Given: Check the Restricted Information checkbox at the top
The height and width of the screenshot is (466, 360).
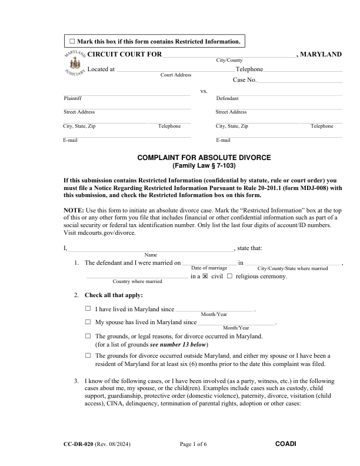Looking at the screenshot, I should (72, 41).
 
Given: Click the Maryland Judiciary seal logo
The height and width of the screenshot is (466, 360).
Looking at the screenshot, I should (74, 65).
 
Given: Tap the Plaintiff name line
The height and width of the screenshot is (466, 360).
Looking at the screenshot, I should (126, 95).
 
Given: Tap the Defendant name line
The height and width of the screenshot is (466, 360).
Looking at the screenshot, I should (279, 95).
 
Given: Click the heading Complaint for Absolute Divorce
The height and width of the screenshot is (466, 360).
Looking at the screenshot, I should (204, 158).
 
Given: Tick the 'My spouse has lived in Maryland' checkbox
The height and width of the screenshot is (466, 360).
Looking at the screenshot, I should (88, 322).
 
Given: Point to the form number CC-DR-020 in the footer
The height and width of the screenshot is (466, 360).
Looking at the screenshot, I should (81, 443).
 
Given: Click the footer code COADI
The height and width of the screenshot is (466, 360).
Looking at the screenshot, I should (285, 443).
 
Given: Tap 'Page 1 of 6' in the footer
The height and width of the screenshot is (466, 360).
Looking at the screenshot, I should (194, 443).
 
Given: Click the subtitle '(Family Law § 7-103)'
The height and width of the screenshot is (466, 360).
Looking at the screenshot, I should (204, 166).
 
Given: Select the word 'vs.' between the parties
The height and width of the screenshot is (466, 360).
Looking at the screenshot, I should (204, 91).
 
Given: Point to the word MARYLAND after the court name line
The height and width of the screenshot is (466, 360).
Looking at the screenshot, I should (322, 54).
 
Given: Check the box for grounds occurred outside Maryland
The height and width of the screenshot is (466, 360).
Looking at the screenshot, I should (88, 355).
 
